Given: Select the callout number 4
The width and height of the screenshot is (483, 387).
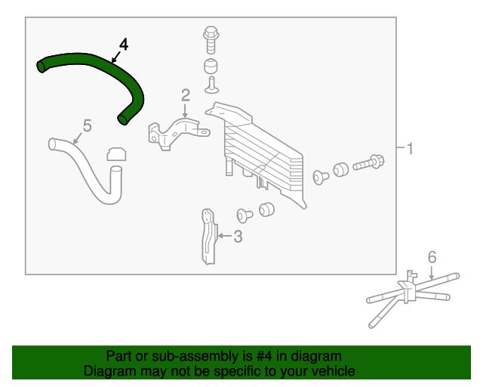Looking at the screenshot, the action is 124,45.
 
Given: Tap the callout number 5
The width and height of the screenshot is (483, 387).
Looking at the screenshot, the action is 87,125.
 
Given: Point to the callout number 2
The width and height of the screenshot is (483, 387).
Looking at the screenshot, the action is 185,94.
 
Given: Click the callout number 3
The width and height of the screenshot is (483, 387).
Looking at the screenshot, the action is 238,237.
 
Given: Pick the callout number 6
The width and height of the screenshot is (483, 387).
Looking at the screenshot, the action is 432,258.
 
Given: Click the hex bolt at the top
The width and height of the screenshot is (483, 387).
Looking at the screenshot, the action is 211,36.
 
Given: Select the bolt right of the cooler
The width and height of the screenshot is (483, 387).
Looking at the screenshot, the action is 368,163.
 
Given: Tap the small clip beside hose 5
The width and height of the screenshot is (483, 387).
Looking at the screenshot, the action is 115,155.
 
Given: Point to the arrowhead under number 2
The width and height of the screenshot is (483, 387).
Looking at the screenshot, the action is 185,113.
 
